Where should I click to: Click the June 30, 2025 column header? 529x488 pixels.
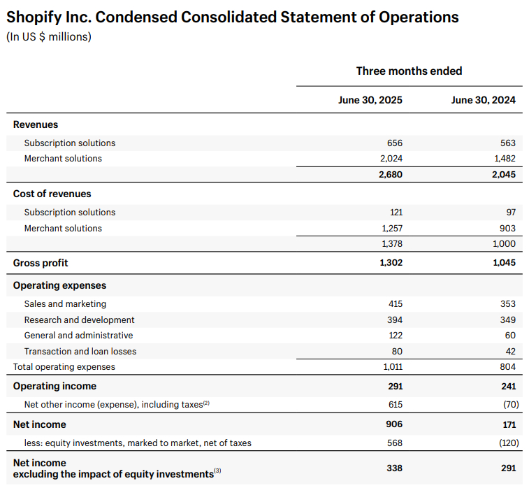click(370, 100)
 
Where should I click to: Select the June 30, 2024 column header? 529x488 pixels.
click(483, 100)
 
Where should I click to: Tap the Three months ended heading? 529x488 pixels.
click(410, 71)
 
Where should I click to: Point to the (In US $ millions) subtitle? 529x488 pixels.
click(49, 37)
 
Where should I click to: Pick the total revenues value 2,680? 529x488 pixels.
click(391, 175)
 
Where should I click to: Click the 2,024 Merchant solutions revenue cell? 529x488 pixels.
click(391, 159)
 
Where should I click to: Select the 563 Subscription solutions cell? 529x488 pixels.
click(508, 143)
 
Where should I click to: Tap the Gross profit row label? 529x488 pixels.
click(41, 263)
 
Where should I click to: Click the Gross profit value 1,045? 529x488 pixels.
click(504, 263)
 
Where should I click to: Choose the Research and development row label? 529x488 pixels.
click(79, 320)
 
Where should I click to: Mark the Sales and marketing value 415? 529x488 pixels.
click(395, 303)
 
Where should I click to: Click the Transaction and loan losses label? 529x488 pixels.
click(80, 352)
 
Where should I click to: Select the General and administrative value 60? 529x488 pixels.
click(510, 336)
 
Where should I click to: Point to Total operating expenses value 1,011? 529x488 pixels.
click(393, 367)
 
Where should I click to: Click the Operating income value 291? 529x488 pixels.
click(395, 386)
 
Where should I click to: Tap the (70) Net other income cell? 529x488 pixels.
click(511, 404)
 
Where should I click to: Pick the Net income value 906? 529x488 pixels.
click(394, 424)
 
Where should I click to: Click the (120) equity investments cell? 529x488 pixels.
click(509, 443)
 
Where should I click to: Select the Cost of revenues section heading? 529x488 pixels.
click(52, 194)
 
